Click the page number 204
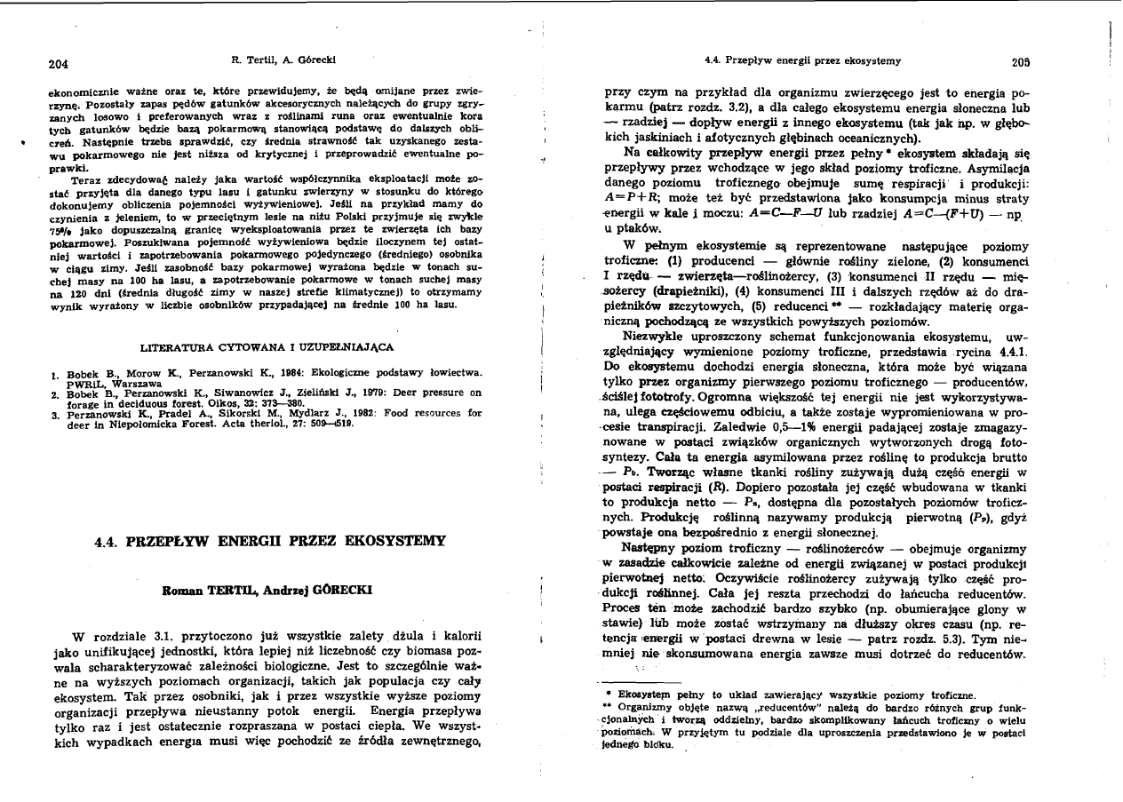59,64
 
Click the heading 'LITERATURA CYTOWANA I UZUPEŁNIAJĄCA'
267,345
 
